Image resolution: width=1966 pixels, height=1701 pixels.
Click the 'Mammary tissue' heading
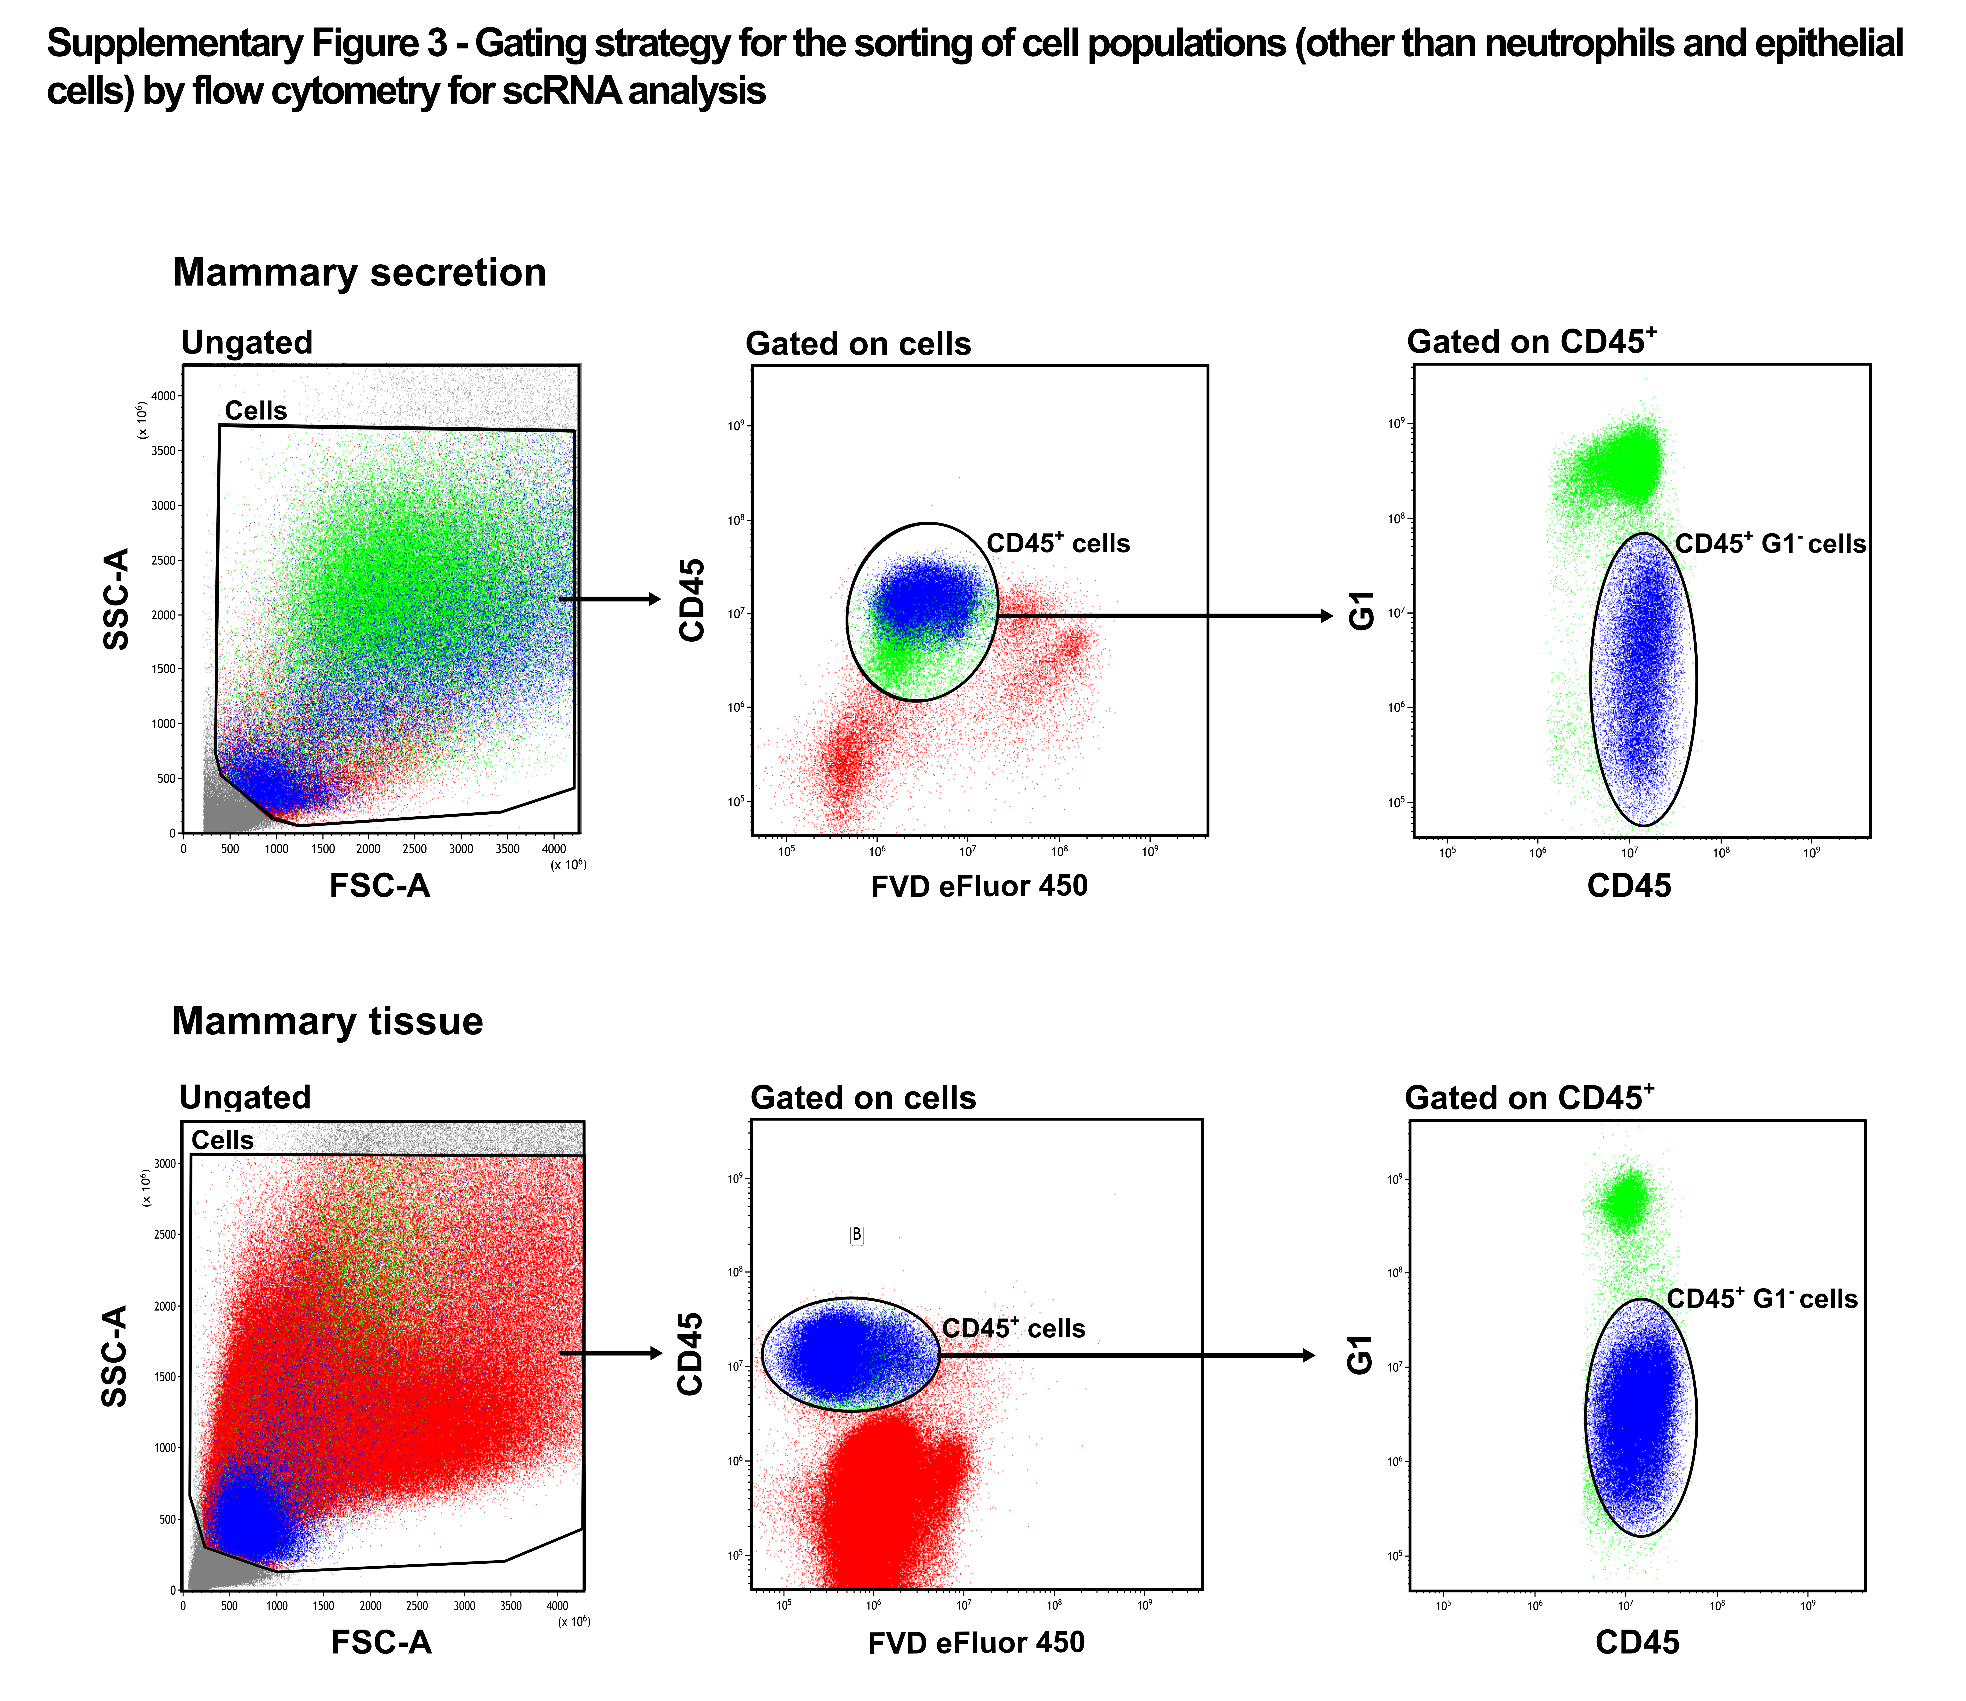(x=328, y=1021)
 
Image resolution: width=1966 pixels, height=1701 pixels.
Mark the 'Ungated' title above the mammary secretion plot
(x=247, y=342)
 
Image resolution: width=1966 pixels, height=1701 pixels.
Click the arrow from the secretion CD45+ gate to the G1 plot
(x=1166, y=616)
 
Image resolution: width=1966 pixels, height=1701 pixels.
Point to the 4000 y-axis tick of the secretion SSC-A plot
(x=164, y=396)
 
